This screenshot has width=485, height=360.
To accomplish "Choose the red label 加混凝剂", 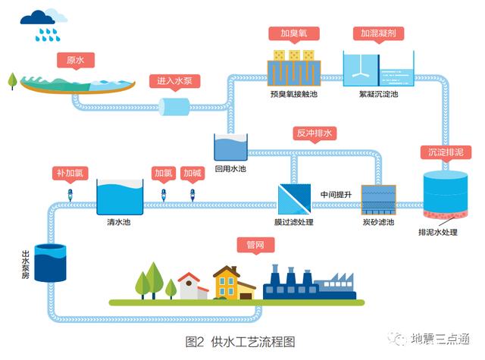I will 377,34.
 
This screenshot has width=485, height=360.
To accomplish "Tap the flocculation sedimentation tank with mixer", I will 377,70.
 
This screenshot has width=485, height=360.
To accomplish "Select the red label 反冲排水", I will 314,134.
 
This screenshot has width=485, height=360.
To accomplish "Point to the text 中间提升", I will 336,195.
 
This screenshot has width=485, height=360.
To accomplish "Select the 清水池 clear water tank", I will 120,198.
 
